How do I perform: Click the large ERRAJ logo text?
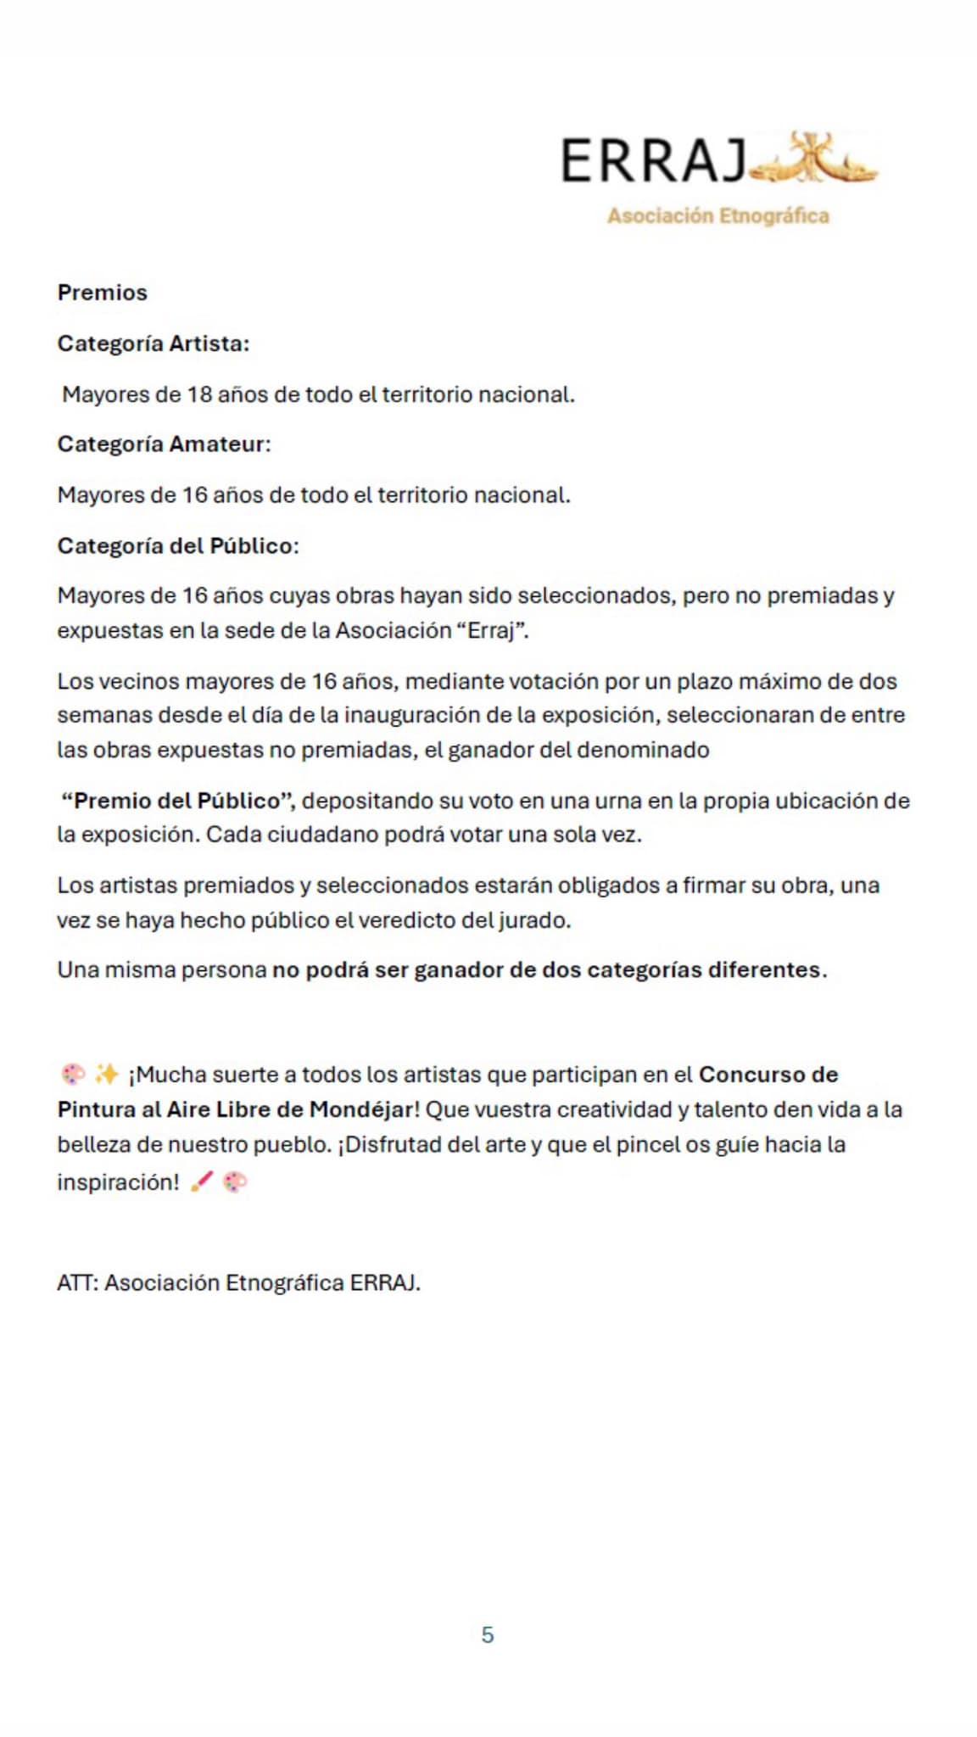click(x=653, y=161)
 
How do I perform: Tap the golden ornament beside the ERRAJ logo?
click(x=814, y=159)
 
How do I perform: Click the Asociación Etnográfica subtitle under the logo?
click(x=717, y=215)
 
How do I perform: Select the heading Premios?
click(x=102, y=293)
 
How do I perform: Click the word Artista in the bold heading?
click(x=209, y=343)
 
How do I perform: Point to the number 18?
click(x=199, y=394)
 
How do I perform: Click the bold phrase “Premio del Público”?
click(x=178, y=801)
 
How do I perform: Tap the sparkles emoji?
click(x=107, y=1075)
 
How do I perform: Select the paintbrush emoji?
click(x=202, y=1181)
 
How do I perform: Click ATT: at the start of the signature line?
click(x=78, y=1282)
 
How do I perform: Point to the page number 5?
click(x=488, y=1635)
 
